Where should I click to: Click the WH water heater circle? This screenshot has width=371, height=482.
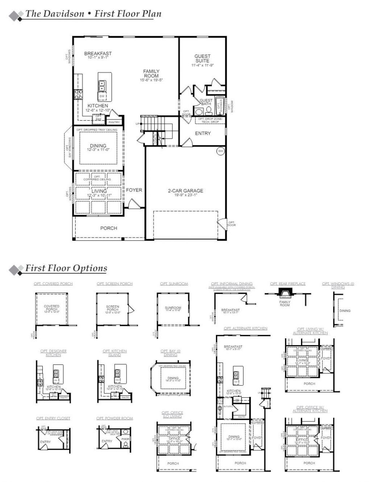click(220, 151)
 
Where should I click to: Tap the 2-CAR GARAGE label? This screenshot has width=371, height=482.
click(185, 190)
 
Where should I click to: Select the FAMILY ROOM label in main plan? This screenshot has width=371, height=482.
click(151, 74)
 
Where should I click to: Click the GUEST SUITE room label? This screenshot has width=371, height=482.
click(202, 58)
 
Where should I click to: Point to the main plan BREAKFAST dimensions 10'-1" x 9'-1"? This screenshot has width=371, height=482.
click(98, 58)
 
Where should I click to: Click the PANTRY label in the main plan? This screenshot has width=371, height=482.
click(114, 122)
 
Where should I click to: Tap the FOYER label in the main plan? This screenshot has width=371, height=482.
click(134, 190)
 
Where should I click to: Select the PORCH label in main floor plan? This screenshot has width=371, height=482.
click(109, 228)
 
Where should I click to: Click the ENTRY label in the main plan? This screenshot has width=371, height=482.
click(203, 133)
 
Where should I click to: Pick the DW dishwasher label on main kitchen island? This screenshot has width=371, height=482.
click(102, 96)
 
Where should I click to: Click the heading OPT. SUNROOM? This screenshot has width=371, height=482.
click(174, 284)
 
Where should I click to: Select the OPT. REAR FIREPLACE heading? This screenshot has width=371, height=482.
click(288, 284)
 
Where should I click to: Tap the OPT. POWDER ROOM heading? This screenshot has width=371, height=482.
click(114, 418)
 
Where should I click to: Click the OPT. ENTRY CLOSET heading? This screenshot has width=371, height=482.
click(53, 418)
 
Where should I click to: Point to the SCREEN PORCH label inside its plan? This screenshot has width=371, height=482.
click(112, 308)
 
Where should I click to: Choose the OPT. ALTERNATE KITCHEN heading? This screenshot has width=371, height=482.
click(245, 328)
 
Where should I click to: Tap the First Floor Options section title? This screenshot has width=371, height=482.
click(66, 268)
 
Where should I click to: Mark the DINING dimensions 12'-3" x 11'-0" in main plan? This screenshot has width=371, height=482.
click(98, 150)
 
